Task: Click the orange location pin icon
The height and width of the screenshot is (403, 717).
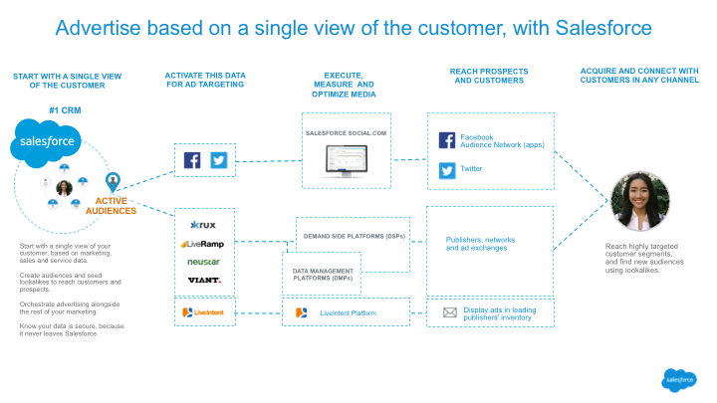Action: tap(114, 182)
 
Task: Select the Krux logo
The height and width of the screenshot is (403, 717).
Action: tap(203, 224)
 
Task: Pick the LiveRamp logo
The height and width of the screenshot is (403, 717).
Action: tap(203, 243)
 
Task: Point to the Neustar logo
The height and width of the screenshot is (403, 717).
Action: tap(203, 262)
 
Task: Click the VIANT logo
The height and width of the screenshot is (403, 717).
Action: tap(203, 280)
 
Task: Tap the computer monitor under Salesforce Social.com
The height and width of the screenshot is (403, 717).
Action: tap(346, 159)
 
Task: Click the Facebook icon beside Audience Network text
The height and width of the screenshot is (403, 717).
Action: tap(447, 141)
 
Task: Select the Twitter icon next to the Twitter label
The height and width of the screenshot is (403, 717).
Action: tap(447, 170)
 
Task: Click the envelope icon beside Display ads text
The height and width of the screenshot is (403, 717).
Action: tap(450, 312)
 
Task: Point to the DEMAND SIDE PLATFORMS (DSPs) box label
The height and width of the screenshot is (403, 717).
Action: tap(354, 236)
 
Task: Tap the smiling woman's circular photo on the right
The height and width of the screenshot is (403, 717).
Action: tap(638, 202)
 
